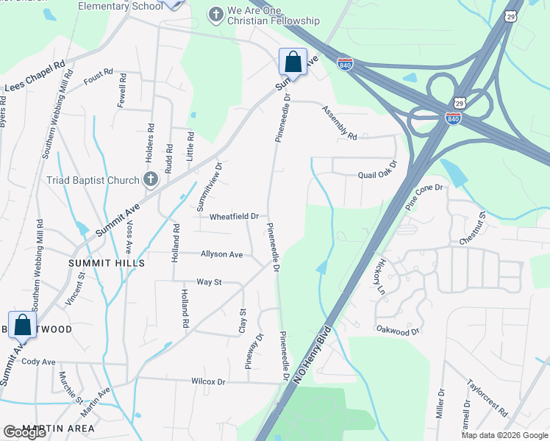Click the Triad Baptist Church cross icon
click(x=150, y=179)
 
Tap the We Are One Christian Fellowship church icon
click(x=216, y=13)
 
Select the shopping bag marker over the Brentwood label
click(x=22, y=325)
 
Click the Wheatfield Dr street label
click(x=235, y=217)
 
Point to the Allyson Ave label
click(x=221, y=254)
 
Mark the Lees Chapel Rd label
click(x=35, y=76)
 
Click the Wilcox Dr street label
click(x=208, y=381)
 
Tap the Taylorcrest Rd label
click(x=487, y=398)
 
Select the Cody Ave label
click(x=39, y=362)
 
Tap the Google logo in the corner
click(x=25, y=432)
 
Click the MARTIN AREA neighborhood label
click(x=58, y=428)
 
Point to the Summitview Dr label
click(x=210, y=186)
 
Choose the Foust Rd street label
click(x=98, y=76)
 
